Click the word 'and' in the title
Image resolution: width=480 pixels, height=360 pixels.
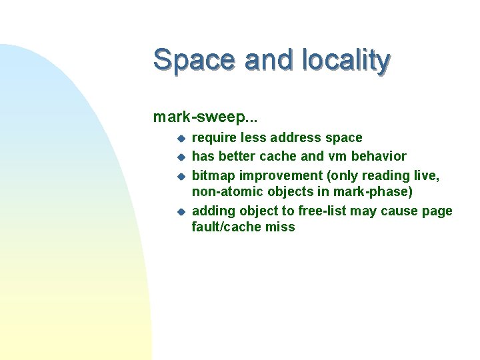(269, 60)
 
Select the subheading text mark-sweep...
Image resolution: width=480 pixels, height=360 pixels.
(206, 117)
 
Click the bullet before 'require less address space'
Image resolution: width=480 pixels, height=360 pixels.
(179, 139)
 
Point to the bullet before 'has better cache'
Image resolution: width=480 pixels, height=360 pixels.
(179, 157)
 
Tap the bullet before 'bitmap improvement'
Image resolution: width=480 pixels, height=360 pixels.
(179, 176)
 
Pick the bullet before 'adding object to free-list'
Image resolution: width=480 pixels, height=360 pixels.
(179, 212)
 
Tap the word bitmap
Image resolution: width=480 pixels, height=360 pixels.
(213, 175)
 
